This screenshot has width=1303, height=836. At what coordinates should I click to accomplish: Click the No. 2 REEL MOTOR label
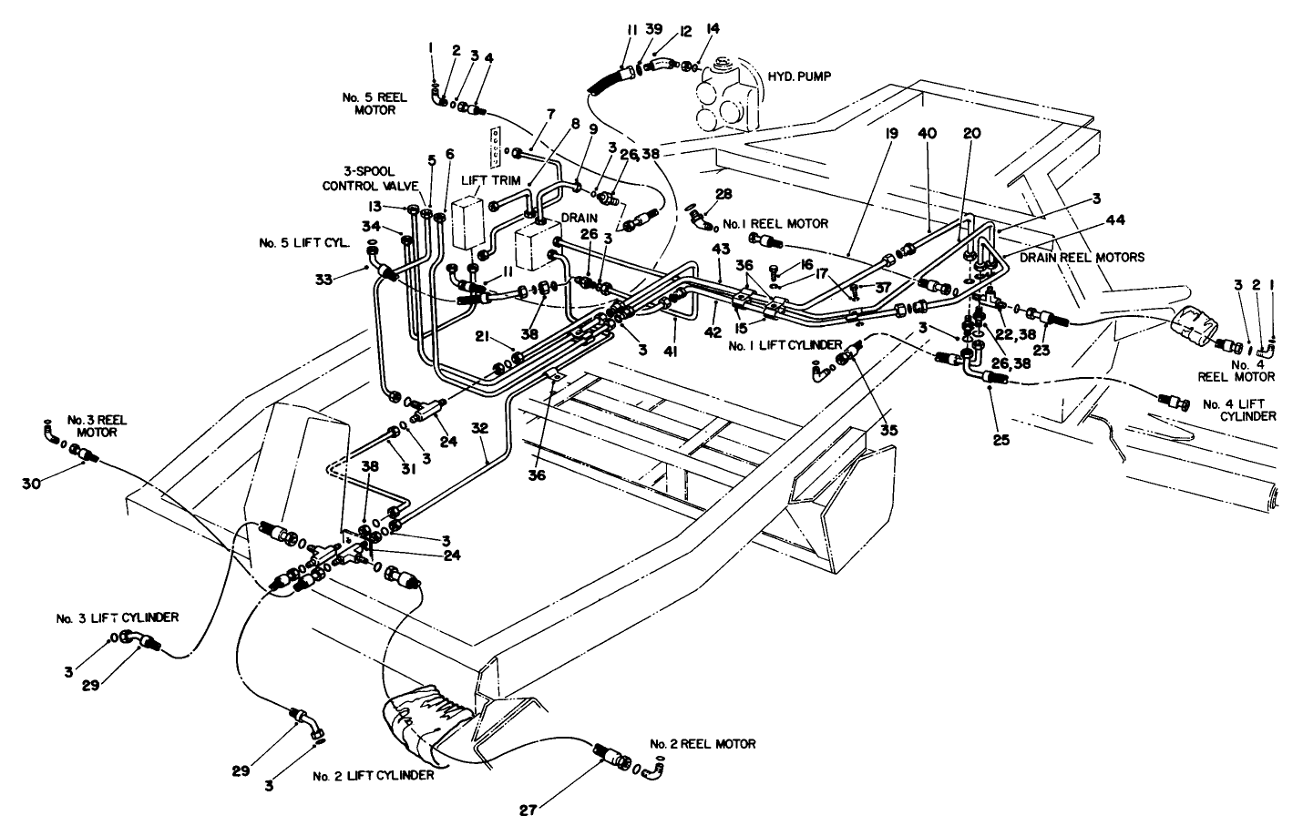[703, 744]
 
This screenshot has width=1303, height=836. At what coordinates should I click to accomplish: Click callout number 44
[1114, 220]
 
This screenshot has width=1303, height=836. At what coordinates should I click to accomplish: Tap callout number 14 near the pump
[713, 29]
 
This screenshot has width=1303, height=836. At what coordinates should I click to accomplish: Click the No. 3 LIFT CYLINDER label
[115, 617]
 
